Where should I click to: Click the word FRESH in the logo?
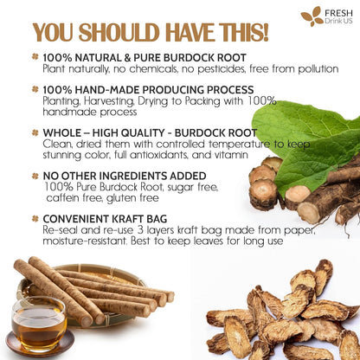pyautogui.click(x=337, y=12)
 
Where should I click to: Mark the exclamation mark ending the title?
pyautogui.click(x=264, y=33)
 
